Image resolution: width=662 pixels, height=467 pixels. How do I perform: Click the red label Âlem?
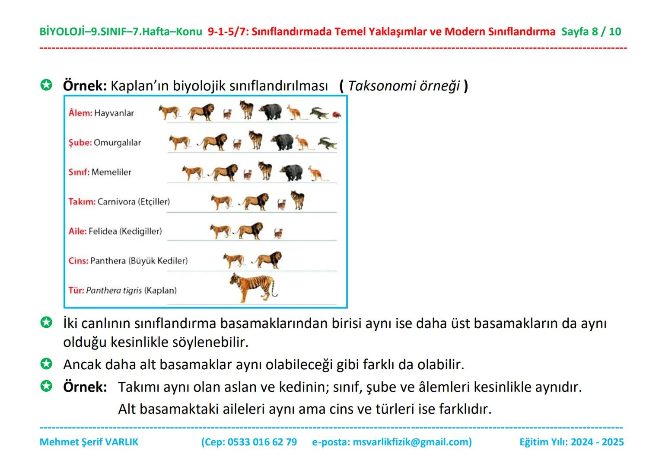(x=80, y=113)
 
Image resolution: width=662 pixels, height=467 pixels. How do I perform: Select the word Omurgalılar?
(x=117, y=143)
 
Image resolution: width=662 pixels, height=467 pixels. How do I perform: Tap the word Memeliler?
(x=111, y=172)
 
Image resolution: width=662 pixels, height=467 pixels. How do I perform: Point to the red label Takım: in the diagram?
(x=82, y=202)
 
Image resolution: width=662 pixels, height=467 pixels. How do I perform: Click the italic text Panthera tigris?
(x=114, y=290)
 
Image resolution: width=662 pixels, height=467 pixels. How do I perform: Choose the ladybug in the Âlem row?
(x=337, y=115)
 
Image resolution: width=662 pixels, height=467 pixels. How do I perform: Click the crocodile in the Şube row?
(x=327, y=144)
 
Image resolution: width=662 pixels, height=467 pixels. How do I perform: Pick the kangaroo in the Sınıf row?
(x=318, y=173)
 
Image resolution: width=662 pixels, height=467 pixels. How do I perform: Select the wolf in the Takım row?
(x=298, y=201)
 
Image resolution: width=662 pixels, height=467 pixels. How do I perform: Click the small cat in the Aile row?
(x=278, y=233)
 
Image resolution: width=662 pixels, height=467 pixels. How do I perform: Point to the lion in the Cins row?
(x=268, y=260)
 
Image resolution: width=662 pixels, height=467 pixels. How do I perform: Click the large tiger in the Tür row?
(x=252, y=288)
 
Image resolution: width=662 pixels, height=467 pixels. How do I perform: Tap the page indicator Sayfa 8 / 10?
(x=591, y=32)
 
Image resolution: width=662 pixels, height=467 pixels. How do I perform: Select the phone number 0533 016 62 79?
(x=262, y=442)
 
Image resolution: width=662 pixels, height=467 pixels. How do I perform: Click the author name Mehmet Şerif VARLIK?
(x=89, y=442)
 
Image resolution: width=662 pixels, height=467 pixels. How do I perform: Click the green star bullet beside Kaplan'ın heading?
(x=46, y=85)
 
